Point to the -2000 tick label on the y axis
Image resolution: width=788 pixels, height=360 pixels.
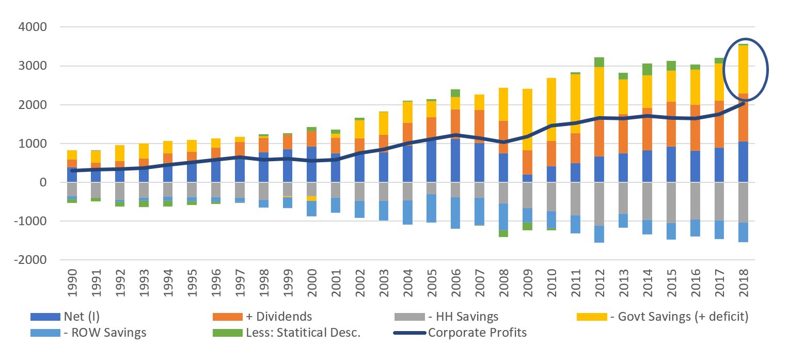[x=31, y=260]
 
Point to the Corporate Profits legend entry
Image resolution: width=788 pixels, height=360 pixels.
[x=477, y=333]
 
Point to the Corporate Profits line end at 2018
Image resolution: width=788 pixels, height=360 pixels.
[x=744, y=103]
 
